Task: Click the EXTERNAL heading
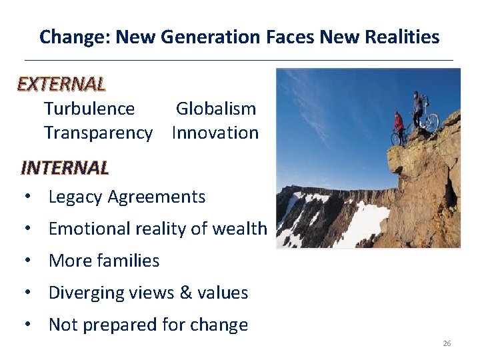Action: (61, 84)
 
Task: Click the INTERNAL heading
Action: (65, 167)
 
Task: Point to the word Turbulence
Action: (89, 109)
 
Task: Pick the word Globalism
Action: (215, 109)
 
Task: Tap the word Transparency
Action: (98, 133)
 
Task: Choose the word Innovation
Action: (215, 133)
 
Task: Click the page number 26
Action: (447, 343)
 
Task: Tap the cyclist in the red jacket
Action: (399, 125)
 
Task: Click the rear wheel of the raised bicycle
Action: (432, 123)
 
